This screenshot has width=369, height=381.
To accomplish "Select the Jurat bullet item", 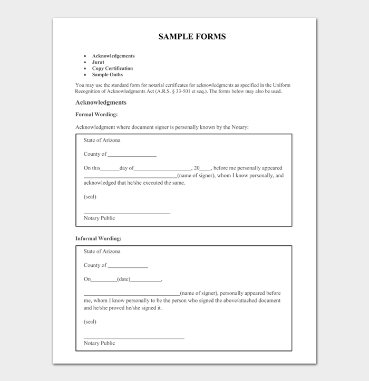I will (98, 62).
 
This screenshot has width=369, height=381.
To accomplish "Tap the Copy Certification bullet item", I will (112, 68).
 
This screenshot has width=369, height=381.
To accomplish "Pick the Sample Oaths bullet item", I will (108, 75).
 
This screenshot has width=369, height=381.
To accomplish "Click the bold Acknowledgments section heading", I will (101, 103).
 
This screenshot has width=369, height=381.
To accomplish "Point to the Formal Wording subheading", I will (96, 114).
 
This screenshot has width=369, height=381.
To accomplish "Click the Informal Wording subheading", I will (99, 238).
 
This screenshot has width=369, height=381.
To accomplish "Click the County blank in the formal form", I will (132, 155).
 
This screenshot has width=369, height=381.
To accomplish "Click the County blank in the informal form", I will (128, 266).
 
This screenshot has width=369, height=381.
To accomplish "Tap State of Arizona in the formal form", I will (102, 141).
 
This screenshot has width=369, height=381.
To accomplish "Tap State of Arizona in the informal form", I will (102, 252).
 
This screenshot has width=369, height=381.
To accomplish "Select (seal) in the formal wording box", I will (90, 197).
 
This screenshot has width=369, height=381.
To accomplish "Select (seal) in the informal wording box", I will (90, 322).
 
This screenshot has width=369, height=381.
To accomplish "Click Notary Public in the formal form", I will (99, 218).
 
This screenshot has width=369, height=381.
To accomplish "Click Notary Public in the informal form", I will (99, 343).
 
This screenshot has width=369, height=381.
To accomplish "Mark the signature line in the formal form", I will (127, 213).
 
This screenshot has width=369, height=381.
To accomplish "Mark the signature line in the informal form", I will (134, 338).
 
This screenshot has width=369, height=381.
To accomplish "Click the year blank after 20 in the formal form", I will (206, 168).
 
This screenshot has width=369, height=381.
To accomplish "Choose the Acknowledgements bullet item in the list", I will (113, 56).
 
